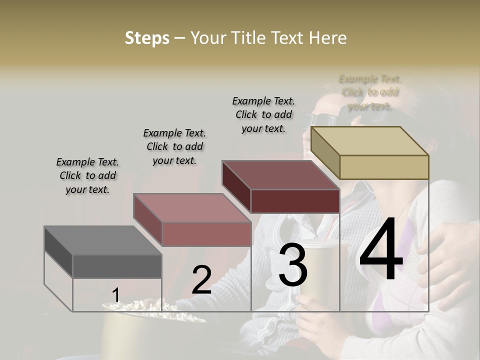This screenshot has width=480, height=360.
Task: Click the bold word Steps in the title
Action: pos(147,38)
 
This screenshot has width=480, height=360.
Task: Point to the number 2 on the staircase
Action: pos(201,280)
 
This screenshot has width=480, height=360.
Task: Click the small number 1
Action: pos(115,295)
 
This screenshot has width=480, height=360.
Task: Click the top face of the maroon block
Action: pos(280,175)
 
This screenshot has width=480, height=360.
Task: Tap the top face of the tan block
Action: pos(370,141)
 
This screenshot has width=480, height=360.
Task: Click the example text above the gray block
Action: pos(88,175)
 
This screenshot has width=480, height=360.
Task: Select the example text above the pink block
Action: pos(174,146)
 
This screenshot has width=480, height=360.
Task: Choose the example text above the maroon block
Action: pos(263,114)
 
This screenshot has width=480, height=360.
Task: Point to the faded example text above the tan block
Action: pos(370,92)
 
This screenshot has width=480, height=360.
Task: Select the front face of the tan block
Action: pos(384,167)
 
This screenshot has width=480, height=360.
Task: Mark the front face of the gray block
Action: pos(117,266)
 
